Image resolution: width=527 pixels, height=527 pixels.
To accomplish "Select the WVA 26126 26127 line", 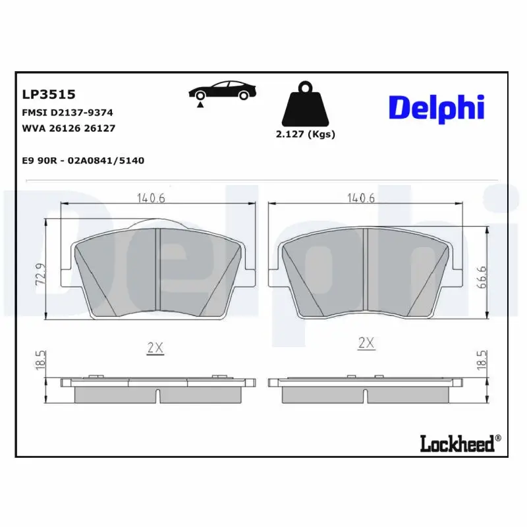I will [x=69, y=128].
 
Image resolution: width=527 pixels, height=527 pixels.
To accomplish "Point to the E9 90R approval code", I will [x=83, y=160].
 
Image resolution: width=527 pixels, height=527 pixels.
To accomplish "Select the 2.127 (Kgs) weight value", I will [x=305, y=134].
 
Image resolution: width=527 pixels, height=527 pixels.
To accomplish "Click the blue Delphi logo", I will [x=436, y=108].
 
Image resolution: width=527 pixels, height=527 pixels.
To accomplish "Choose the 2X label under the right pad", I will [x=366, y=343].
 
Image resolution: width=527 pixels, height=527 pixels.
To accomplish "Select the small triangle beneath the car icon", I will [x=199, y=104].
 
